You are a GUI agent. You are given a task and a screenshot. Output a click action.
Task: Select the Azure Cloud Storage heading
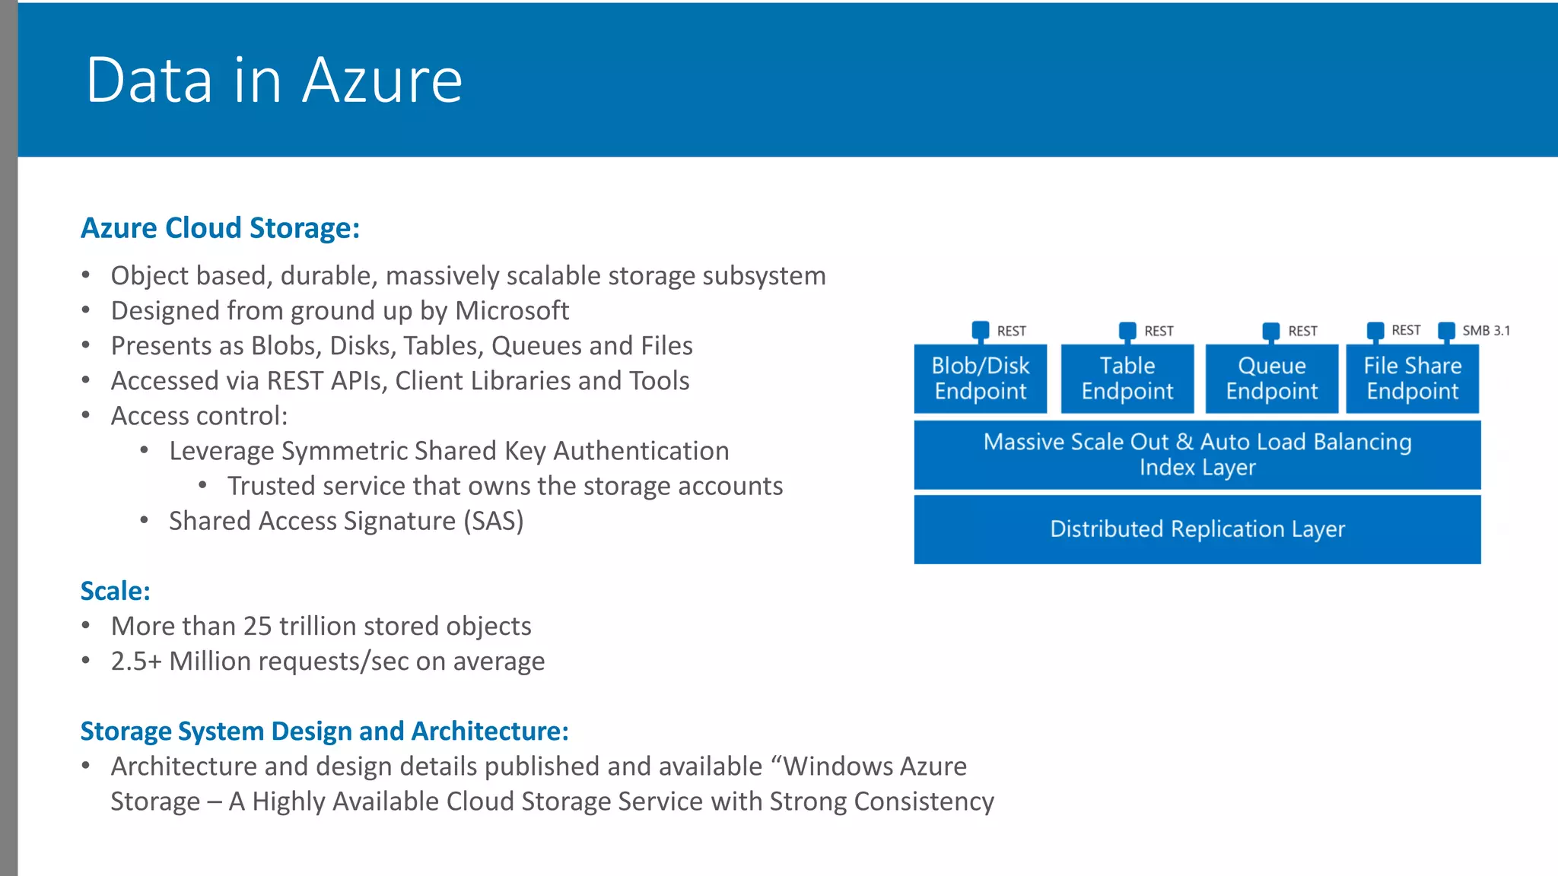220,228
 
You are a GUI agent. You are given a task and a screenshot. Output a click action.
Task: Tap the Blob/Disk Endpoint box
980,379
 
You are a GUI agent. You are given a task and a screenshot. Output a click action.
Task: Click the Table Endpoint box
1127,379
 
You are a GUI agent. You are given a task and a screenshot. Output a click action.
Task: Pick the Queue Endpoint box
1271,379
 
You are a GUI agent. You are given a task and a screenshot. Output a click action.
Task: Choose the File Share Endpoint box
1412,379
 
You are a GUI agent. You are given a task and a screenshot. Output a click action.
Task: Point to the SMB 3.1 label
1486,331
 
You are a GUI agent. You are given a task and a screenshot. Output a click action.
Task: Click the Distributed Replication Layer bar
1197,529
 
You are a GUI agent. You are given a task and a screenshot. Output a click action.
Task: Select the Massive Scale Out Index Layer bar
1197,455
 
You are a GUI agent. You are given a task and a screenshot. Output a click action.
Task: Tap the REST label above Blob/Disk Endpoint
1011,332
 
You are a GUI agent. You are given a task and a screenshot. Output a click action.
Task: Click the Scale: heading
116,591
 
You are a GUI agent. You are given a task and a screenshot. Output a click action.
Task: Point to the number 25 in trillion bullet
257,626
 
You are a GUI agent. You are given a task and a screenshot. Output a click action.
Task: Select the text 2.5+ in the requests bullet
136,662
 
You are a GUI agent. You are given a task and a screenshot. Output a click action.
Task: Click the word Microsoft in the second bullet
511,311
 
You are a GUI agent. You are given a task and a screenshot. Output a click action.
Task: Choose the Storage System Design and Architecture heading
324,731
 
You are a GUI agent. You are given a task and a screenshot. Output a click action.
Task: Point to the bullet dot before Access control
86,415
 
